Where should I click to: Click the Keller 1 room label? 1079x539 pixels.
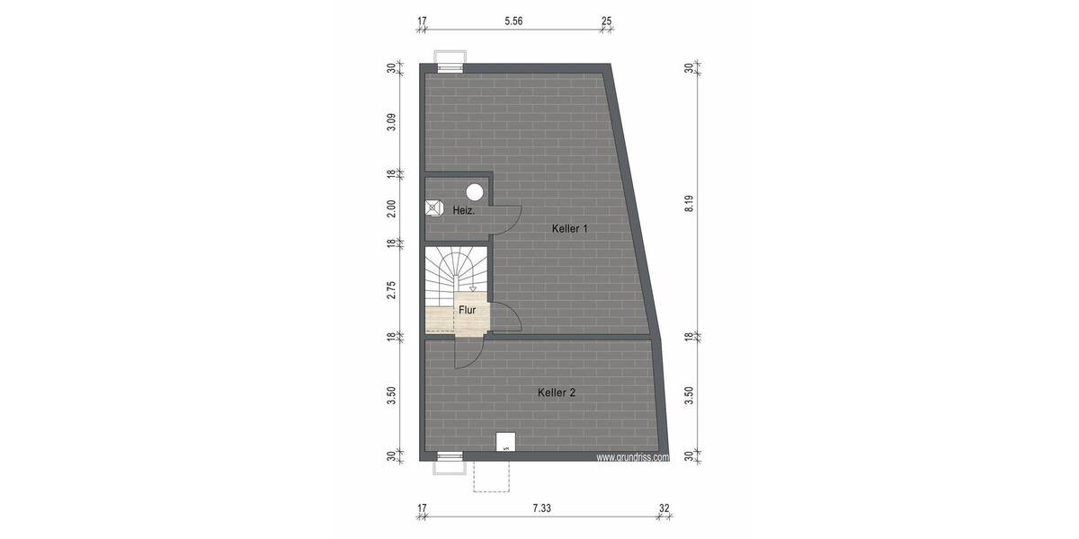click(x=569, y=229)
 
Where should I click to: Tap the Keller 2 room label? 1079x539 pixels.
click(x=557, y=393)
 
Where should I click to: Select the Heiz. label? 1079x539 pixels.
click(x=463, y=210)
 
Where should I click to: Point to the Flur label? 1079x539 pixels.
click(x=467, y=310)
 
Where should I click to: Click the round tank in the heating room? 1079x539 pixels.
click(x=475, y=190)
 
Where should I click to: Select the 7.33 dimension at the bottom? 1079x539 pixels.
click(x=541, y=508)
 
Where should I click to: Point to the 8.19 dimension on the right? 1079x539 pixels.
click(x=690, y=204)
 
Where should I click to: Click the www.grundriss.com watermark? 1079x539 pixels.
click(x=633, y=456)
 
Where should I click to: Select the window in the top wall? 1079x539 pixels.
click(x=449, y=61)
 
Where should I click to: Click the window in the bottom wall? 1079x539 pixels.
click(x=449, y=460)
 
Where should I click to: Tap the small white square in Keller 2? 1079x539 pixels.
click(x=506, y=442)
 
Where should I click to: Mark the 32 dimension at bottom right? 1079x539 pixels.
click(x=664, y=508)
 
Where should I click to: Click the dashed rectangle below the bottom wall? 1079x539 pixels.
click(x=492, y=476)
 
